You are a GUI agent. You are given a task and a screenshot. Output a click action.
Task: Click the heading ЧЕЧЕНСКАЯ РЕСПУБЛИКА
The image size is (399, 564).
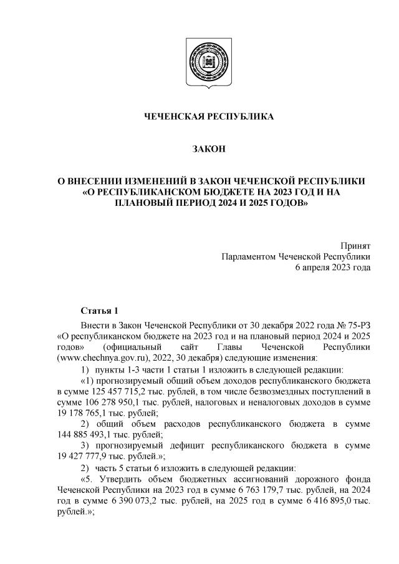[199, 117]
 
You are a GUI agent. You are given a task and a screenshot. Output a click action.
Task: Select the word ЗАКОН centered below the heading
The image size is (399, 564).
[199, 149]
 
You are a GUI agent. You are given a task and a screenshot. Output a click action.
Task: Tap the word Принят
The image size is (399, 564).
[355, 245]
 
